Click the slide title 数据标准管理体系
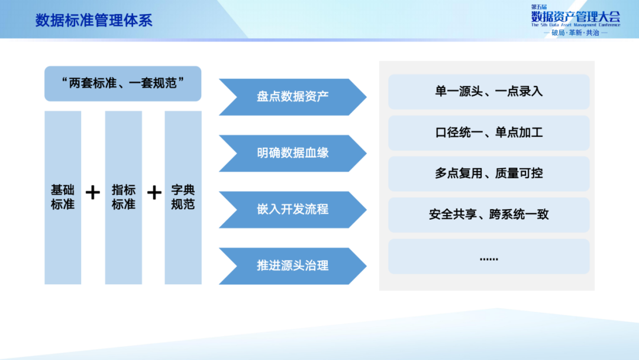pyautogui.click(x=93, y=21)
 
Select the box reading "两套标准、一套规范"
pyautogui.click(x=123, y=83)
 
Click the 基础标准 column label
pyautogui.click(x=63, y=197)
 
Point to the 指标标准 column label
pyautogui.click(x=124, y=197)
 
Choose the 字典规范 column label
pyautogui.click(x=183, y=197)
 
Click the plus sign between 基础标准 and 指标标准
pyautogui.click(x=93, y=193)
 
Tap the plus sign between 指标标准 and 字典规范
pyautogui.click(x=154, y=193)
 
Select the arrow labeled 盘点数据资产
pyautogui.click(x=292, y=97)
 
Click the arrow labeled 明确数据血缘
pyautogui.click(x=292, y=153)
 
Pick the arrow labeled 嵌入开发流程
pyautogui.click(x=292, y=209)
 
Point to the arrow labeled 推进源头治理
pyautogui.click(x=292, y=265)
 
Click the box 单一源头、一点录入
pyautogui.click(x=489, y=92)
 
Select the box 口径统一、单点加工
pyautogui.click(x=489, y=133)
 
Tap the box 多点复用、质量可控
pyautogui.click(x=489, y=173)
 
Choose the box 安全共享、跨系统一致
pyautogui.click(x=489, y=214)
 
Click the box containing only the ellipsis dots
pyautogui.click(x=489, y=256)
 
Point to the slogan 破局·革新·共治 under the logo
pyautogui.click(x=575, y=33)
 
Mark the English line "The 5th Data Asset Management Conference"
pyautogui.click(x=575, y=25)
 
